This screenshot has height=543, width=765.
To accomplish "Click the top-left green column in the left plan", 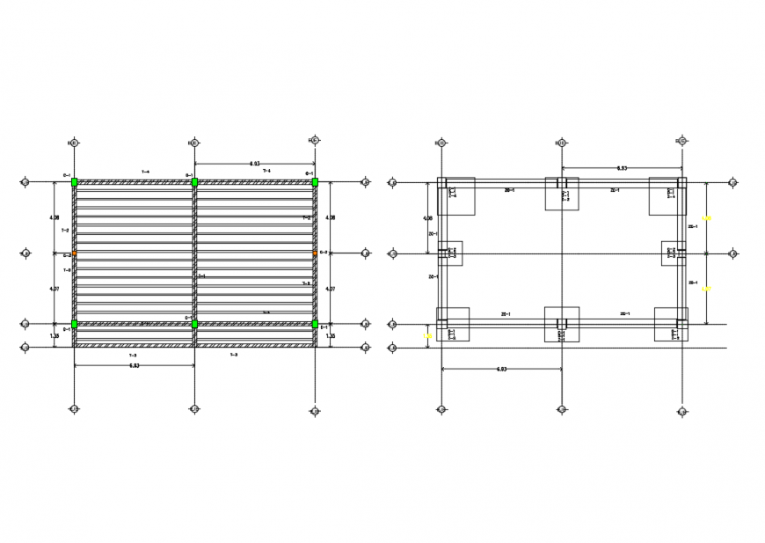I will tap(75, 182).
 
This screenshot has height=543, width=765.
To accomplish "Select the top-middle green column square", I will tap(194, 182).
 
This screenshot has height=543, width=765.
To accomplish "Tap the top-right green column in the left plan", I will tap(314, 182).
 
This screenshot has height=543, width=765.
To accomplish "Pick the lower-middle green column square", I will tap(194, 324).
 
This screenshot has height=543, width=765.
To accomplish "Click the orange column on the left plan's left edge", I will tap(75, 253).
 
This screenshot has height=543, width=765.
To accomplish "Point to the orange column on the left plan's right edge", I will tap(314, 253).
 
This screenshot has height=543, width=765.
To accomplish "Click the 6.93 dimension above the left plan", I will tap(254, 164).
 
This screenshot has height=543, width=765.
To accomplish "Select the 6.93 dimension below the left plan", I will tap(133, 365).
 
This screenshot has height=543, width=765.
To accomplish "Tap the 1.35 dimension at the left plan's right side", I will tap(331, 335).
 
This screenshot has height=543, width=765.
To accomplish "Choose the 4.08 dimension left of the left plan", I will tap(55, 217).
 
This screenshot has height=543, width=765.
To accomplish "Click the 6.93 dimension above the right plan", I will tap(621, 167).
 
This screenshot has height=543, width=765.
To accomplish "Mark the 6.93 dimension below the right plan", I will tap(501, 369).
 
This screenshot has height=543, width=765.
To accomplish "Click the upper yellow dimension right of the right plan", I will tap(705, 217).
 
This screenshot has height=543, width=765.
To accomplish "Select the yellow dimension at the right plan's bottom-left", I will tap(427, 335).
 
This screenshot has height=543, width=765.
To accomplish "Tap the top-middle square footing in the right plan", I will tap(562, 194).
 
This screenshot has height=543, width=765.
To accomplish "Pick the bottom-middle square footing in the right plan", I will tap(562, 324).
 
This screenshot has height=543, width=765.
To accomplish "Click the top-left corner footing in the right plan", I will tap(456, 196).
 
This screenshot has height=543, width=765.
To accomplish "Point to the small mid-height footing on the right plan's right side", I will tap(674, 253).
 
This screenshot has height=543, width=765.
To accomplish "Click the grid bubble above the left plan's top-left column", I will tap(74, 142).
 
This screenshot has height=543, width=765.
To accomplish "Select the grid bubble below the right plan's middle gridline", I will tap(561, 409).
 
